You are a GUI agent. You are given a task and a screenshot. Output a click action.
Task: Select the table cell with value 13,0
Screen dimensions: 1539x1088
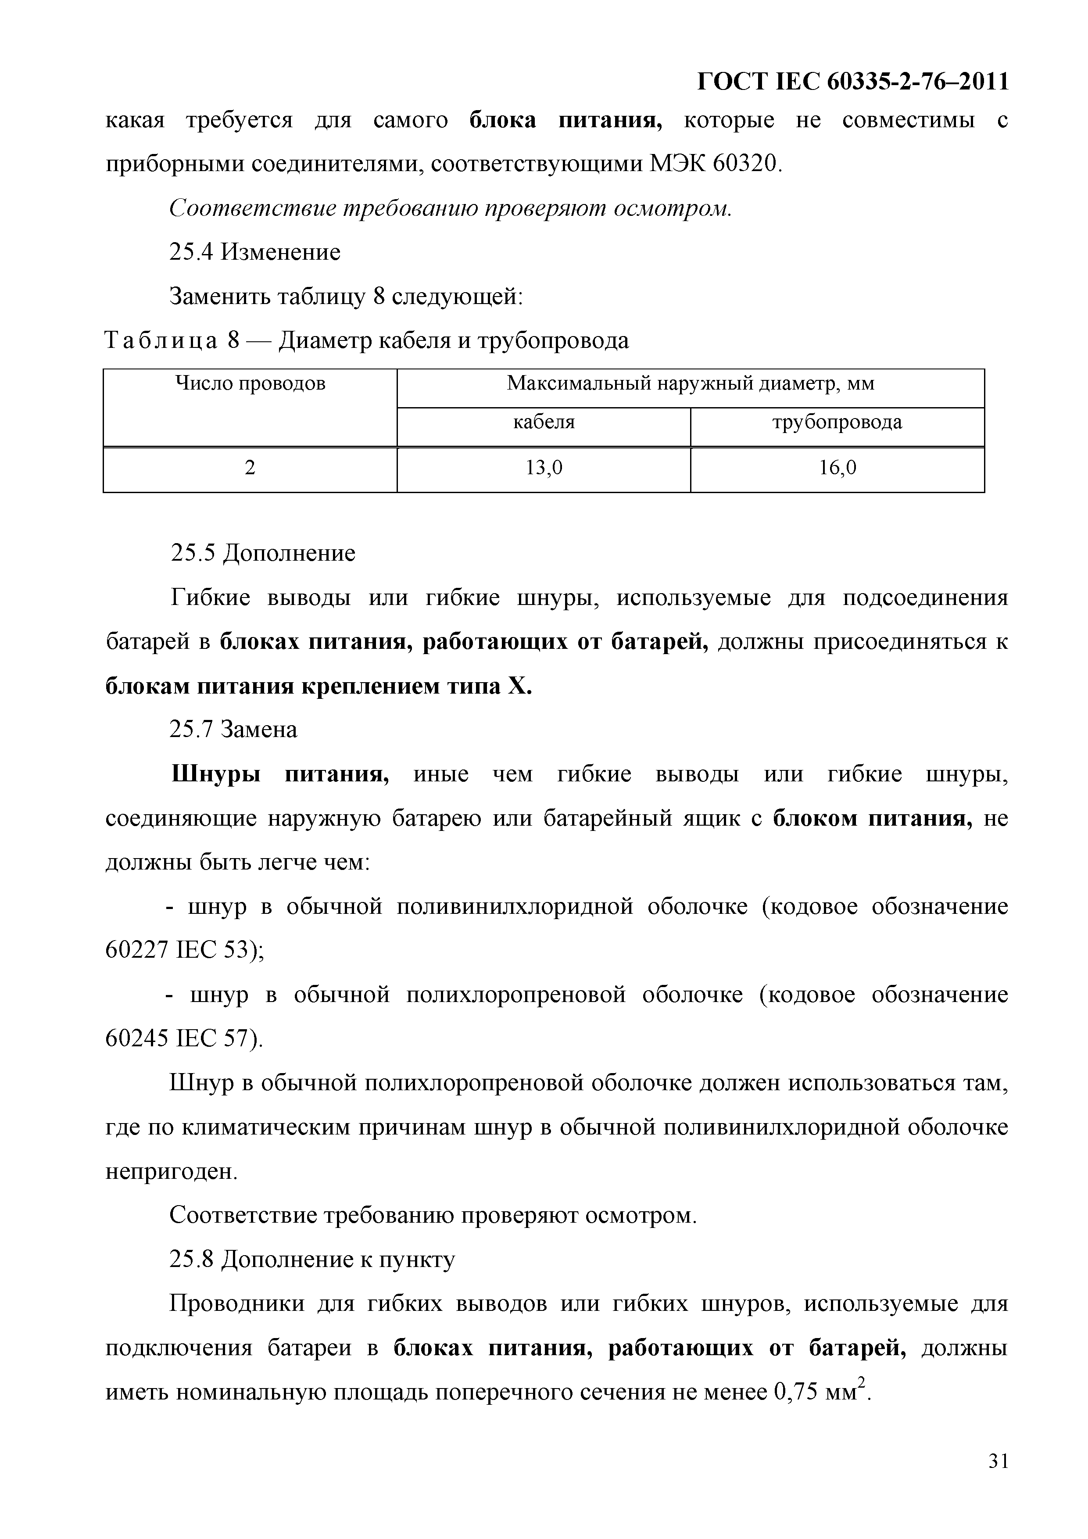pos(543,468)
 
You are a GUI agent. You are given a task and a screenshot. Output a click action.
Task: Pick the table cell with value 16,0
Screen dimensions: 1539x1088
pos(837,468)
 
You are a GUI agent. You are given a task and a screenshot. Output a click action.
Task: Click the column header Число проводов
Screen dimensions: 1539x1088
pos(250,383)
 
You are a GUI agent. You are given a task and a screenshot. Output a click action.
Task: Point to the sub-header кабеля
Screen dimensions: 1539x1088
pos(543,422)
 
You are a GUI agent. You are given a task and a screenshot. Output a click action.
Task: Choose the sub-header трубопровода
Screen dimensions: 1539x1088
pos(837,422)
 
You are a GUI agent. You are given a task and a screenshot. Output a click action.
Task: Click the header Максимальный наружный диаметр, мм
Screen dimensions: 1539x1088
pos(691,383)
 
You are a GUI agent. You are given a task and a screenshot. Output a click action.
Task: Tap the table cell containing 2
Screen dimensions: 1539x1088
pos(250,468)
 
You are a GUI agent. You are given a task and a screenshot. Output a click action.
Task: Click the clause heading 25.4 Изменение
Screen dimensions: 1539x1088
pos(255,252)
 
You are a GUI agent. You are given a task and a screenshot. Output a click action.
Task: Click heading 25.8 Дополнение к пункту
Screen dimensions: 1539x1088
pos(312,1260)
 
